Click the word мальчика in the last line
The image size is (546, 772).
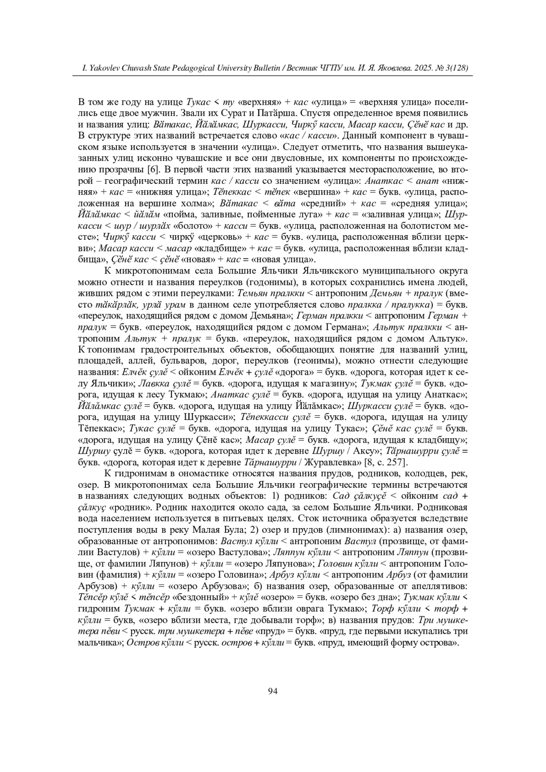pos(98,643)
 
